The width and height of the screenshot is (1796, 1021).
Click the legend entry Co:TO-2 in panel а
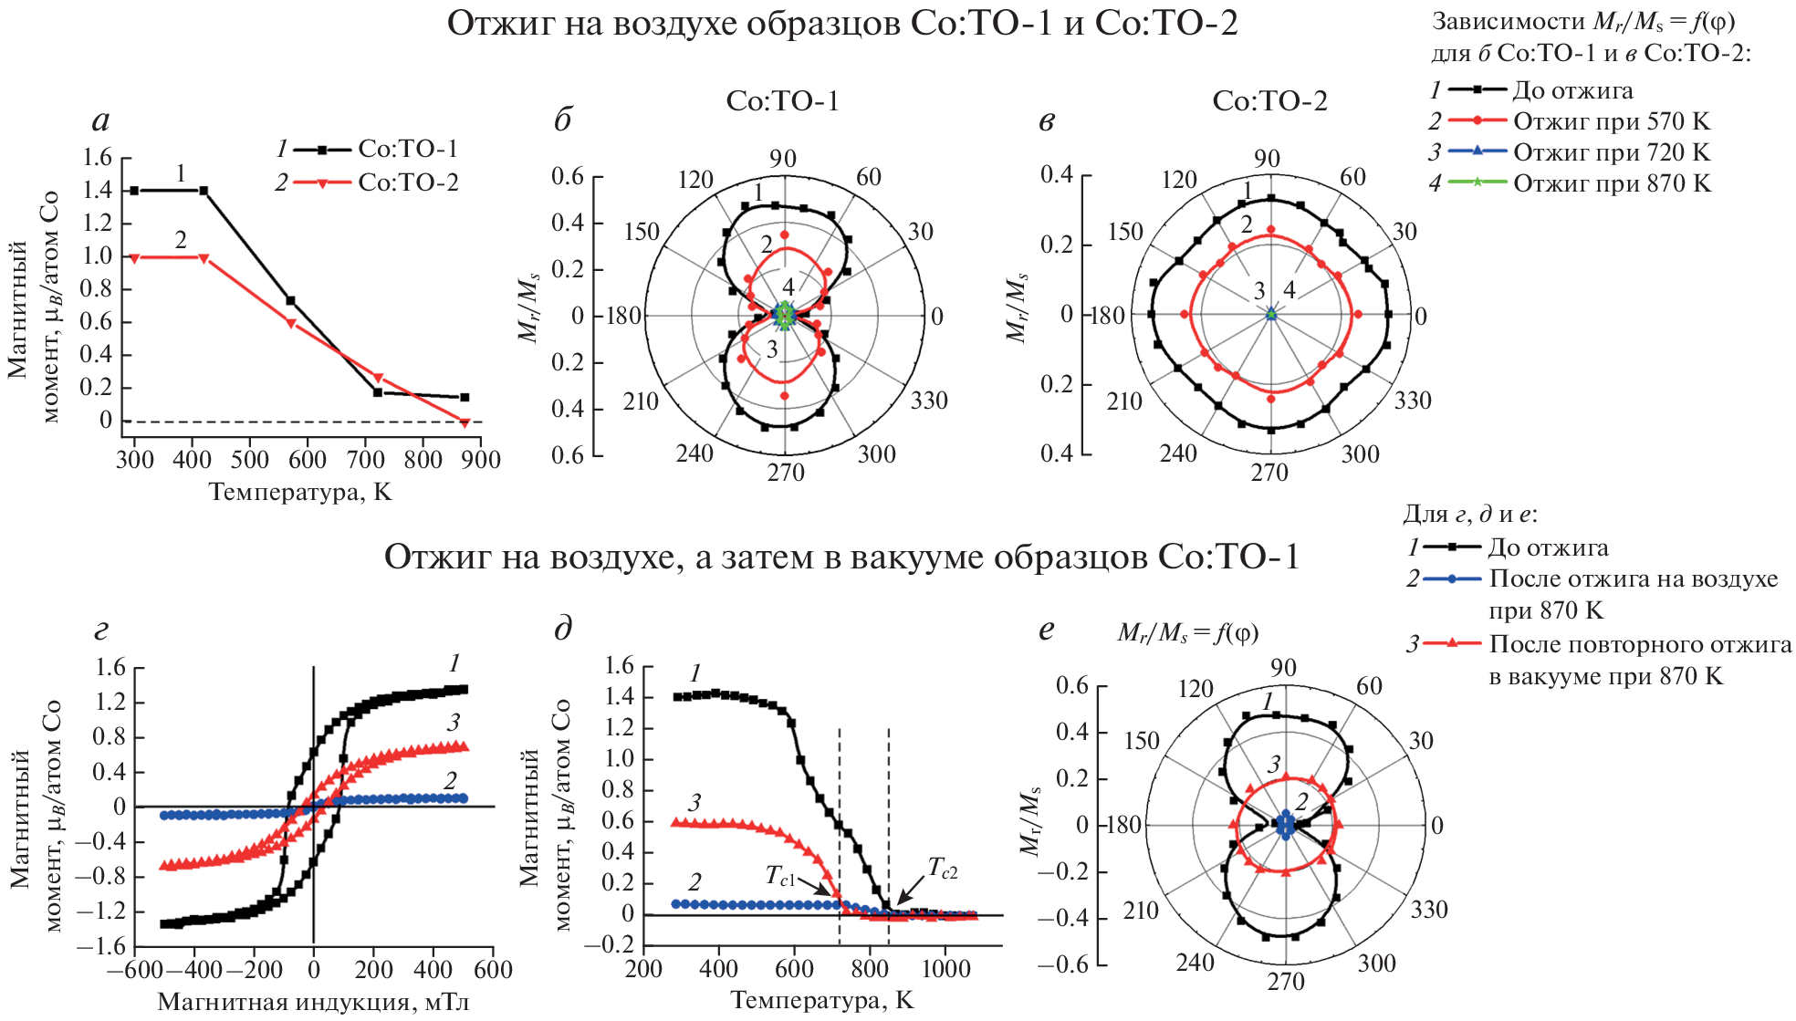pos(407,182)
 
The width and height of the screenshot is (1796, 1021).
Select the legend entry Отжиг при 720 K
pos(1611,152)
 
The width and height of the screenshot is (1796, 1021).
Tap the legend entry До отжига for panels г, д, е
pos(1548,547)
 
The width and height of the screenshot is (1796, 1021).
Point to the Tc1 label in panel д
pos(780,876)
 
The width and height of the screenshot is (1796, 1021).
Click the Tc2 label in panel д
pos(943,868)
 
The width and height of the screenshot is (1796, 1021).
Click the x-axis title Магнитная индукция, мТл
pos(313,1002)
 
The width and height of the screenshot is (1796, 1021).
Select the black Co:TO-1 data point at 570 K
pos(290,300)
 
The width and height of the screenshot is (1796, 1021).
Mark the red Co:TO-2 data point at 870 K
pos(465,422)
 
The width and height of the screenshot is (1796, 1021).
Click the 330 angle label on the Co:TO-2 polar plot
pos(1413,401)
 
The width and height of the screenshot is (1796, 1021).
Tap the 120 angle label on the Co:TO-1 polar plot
pos(695,179)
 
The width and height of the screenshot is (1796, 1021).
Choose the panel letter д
pos(563,629)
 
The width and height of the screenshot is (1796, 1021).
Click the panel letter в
pos(1047,120)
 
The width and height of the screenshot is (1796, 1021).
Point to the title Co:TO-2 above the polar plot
pos(1269,100)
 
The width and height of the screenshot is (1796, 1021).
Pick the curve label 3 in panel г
pos(454,724)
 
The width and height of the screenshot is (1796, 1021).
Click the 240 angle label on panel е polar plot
pos(1196,963)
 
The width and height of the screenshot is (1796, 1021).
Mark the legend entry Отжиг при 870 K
pos(1611,183)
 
